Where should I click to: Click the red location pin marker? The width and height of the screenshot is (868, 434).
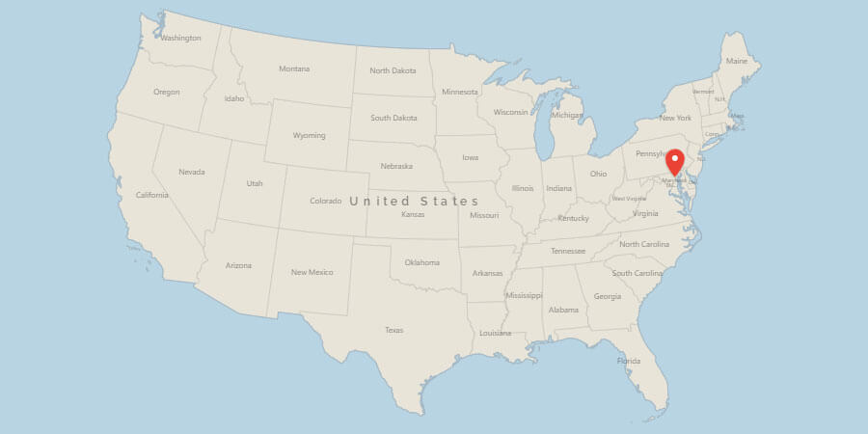tap(675, 161)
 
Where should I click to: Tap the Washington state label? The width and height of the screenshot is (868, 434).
tap(180, 39)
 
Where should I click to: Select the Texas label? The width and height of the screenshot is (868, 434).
tap(393, 330)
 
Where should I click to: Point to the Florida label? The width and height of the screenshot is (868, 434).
tap(628, 362)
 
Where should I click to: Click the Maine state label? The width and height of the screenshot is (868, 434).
tap(736, 61)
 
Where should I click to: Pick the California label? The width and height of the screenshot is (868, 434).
tap(152, 195)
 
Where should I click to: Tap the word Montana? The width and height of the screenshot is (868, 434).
tap(294, 68)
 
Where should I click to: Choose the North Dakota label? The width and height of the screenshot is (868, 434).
tap(393, 70)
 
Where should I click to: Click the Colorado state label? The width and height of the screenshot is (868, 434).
tap(325, 201)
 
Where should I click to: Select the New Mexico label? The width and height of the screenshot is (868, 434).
tap(312, 272)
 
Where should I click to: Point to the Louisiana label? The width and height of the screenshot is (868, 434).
tap(495, 333)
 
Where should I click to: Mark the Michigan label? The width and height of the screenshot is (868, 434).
tap(567, 115)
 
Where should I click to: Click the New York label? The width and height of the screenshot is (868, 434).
tap(675, 118)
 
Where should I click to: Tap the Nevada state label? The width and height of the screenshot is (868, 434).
tap(191, 172)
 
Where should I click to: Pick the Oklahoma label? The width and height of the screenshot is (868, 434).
tap(421, 262)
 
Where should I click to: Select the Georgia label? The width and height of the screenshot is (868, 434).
tap(608, 296)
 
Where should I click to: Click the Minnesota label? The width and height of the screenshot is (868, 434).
tap(459, 92)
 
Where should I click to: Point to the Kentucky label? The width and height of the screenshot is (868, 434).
tap(573, 218)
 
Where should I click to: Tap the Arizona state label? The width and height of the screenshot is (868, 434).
tap(238, 265)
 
